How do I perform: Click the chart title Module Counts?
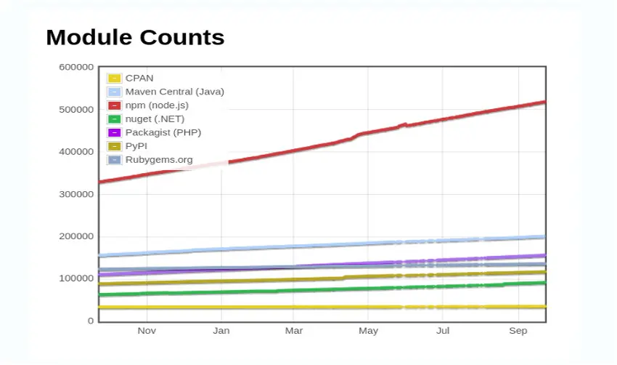point(135,37)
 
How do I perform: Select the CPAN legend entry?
point(139,78)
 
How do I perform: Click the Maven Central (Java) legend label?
point(174,92)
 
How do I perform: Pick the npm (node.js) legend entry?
point(157,105)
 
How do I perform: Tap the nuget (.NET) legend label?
point(155,119)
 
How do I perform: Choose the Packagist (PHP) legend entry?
point(163,132)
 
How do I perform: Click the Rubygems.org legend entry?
point(159,159)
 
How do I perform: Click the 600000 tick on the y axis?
point(76,67)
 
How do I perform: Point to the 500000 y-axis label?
point(76,109)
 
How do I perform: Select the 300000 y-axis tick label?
point(76,194)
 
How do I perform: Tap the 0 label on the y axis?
point(91,321)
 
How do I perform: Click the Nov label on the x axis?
point(147,331)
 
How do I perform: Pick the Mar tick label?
point(294,331)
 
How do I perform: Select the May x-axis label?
point(368,331)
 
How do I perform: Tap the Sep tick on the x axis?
point(518,331)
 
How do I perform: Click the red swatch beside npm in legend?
point(114,105)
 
